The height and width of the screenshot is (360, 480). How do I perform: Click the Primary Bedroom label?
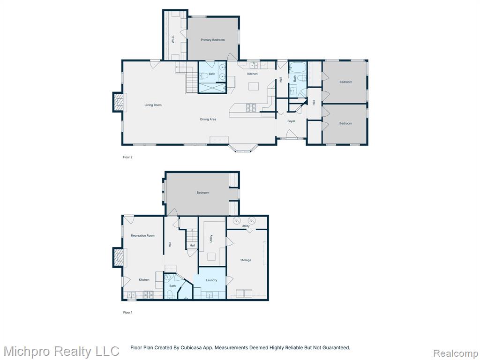pos(212,40)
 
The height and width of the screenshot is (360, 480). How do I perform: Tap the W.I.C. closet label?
pos(173,39)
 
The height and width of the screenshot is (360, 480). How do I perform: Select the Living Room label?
pos(153,105)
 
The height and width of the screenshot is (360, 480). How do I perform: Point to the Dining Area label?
pos(208,120)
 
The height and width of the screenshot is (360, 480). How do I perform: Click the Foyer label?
pos(291,121)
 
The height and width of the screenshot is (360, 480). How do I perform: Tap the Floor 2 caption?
pos(127,157)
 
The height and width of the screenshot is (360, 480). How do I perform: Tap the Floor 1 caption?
pos(127,313)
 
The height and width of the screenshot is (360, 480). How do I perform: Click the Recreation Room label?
pos(142,236)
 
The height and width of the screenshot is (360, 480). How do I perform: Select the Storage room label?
pos(246,260)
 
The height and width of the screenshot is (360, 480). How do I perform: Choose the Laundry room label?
pos(211,280)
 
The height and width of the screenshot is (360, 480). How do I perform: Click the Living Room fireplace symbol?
pos(118,102)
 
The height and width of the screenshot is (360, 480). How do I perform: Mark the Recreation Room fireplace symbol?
pos(118,257)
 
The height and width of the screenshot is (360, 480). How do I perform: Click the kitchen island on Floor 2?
pos(253,86)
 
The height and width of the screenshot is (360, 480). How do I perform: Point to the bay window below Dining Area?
pos(243,149)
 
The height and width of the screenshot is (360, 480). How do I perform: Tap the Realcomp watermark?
pos(456,353)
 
